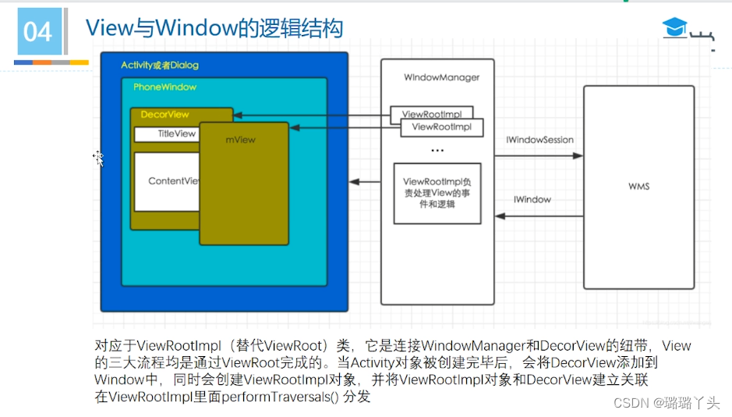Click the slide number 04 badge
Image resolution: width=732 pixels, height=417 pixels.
[37, 32]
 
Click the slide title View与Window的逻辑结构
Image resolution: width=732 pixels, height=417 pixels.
[214, 28]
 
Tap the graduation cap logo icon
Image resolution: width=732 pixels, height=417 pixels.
[675, 28]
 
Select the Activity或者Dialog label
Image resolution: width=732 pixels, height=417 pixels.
[159, 65]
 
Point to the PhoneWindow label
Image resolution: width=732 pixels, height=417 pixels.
[164, 87]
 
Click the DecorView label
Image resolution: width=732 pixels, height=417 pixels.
[164, 114]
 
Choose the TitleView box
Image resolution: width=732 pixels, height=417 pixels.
[167, 134]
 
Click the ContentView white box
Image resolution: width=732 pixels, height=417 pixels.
[167, 181]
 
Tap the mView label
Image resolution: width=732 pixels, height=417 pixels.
[241, 140]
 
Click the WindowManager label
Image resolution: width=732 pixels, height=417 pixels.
[441, 77]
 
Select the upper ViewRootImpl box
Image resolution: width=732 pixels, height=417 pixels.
[431, 115]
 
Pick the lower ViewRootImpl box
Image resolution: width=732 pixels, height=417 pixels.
[441, 127]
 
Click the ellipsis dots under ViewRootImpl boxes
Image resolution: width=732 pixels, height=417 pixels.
[437, 151]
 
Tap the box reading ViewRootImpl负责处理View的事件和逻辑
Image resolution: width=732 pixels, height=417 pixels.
[437, 193]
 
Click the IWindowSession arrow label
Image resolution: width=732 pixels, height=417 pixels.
[539, 141]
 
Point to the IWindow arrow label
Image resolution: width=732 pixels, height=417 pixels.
[532, 200]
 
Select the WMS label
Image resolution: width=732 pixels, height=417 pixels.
[638, 187]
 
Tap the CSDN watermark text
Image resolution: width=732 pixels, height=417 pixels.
[666, 403]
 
